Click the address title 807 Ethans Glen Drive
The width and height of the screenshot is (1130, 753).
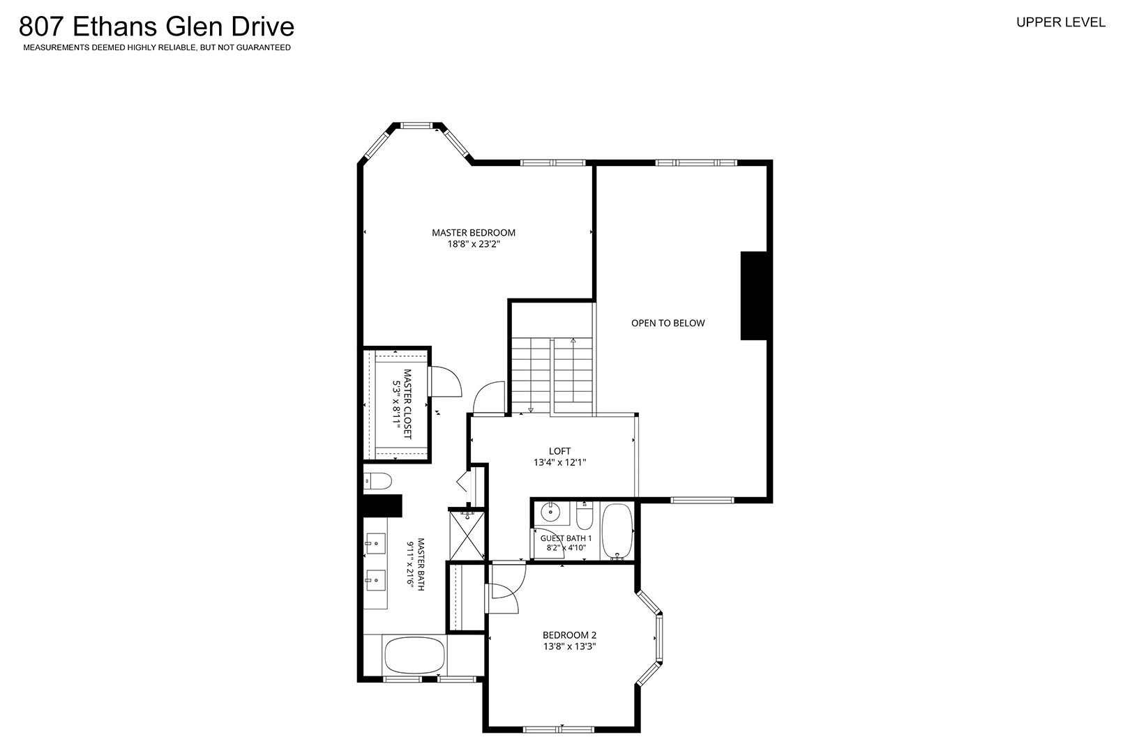click(156, 26)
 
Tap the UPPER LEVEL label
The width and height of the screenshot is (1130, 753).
click(1061, 23)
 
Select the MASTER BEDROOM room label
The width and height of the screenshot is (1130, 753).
click(474, 232)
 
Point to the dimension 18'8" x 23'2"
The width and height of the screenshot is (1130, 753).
click(474, 245)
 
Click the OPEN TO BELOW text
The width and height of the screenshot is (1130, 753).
click(668, 323)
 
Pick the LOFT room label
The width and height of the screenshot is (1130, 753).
click(560, 451)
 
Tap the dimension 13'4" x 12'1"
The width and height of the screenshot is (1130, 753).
click(560, 462)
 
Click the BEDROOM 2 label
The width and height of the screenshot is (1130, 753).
click(570, 635)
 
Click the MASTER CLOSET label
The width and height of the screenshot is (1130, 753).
click(407, 404)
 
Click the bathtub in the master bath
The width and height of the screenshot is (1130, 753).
click(414, 655)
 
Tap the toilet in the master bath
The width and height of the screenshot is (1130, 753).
click(377, 481)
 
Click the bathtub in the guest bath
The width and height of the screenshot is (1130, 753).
click(617, 531)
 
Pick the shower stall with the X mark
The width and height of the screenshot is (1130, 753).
click(467, 535)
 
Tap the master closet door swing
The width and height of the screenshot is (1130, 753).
click(444, 381)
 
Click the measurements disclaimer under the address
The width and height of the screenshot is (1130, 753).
click(157, 48)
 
